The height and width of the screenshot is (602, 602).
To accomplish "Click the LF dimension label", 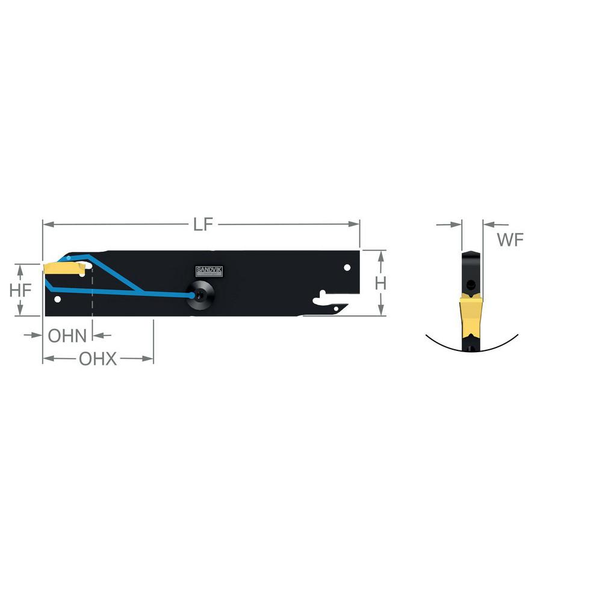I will (x=203, y=225).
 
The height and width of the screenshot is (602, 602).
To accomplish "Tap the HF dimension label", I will (x=20, y=290).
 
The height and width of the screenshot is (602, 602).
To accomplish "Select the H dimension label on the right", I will (x=380, y=283).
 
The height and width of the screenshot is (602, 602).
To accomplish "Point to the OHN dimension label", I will (x=67, y=335).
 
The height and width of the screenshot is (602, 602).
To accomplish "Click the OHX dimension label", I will (x=98, y=359).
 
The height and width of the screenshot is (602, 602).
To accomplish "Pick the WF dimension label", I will (x=510, y=240).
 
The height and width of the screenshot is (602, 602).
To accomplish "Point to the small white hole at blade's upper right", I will (x=346, y=267).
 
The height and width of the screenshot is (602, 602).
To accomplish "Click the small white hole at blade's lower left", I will (x=57, y=297).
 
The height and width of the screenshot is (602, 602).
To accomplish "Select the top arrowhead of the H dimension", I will (x=380, y=255).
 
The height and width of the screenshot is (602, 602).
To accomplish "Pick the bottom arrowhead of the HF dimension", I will (x=20, y=311).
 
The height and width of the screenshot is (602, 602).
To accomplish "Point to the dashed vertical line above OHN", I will (x=92, y=295).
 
